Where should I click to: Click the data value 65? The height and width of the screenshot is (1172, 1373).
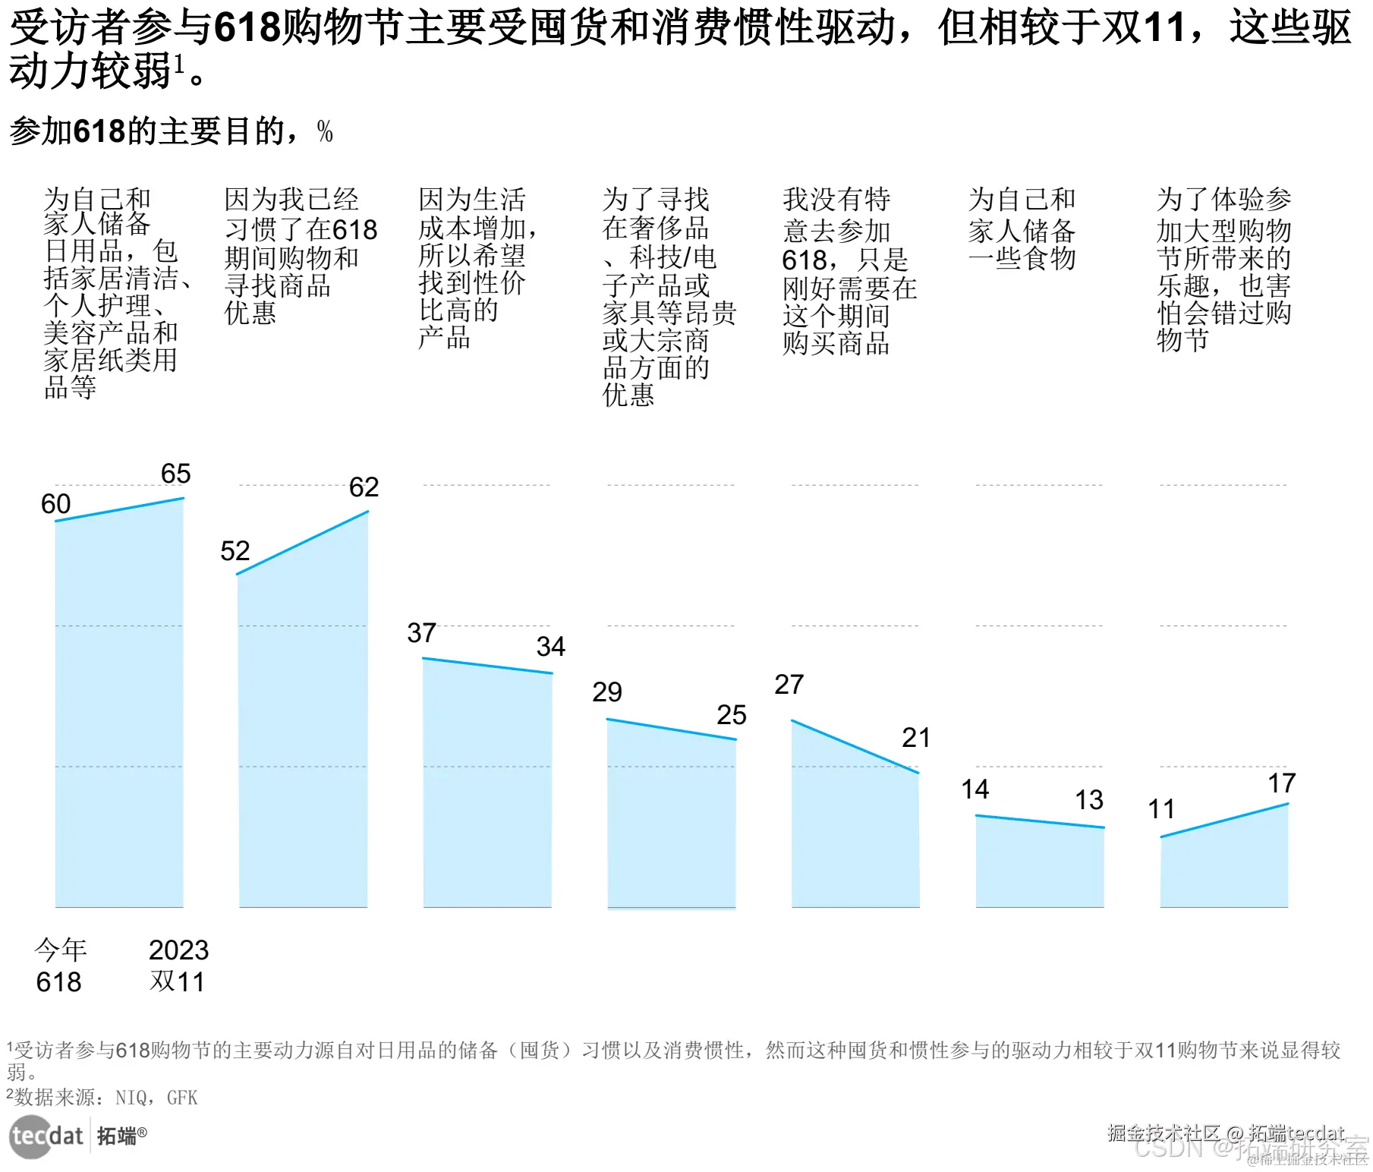coord(176,474)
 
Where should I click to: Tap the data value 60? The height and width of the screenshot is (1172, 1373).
coord(55,504)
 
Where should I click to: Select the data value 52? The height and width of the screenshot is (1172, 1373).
coord(235,551)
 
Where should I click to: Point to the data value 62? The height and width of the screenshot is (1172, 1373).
coord(364,487)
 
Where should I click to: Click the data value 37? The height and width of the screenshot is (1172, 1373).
coord(422,633)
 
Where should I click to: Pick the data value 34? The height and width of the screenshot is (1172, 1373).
coord(550,647)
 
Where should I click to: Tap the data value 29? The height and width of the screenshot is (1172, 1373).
coord(607,692)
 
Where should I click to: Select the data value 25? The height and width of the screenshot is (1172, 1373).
coord(732,715)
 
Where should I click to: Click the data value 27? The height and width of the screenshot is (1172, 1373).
coord(789,685)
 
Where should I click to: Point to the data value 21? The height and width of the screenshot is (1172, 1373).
coord(916,738)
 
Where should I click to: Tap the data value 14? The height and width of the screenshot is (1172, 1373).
coord(975,789)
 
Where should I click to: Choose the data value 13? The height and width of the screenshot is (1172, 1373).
coord(1089,800)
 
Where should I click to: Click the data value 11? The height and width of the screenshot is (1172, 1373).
coord(1161,809)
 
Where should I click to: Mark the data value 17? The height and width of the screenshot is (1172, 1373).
coord(1282,783)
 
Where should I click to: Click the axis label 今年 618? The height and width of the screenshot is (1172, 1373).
coord(60,966)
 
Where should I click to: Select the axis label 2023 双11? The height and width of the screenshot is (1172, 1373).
coord(178,966)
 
